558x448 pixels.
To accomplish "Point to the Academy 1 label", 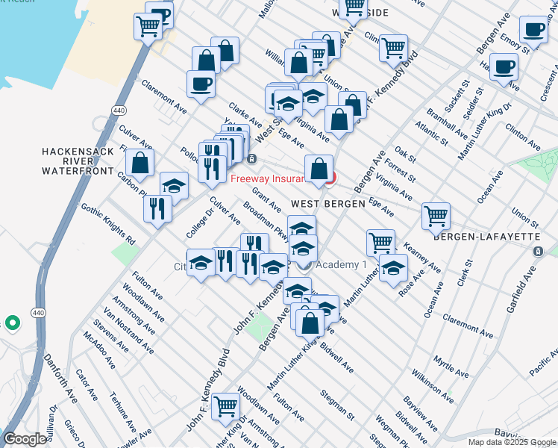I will click(x=342, y=265).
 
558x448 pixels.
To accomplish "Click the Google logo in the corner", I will click(x=25, y=439).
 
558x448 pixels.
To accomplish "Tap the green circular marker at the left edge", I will click(x=12, y=323).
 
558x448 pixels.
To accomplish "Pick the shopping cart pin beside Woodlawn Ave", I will click(x=225, y=406).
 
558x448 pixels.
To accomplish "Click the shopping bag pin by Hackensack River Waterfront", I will click(x=139, y=161).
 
